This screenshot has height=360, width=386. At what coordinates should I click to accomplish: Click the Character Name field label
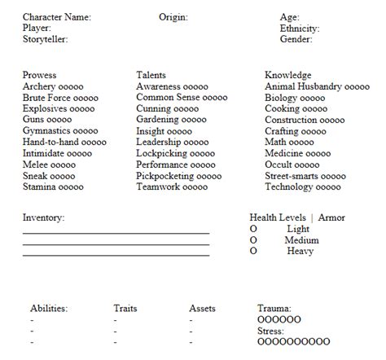56,17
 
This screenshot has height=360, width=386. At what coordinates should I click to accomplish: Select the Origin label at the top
173,17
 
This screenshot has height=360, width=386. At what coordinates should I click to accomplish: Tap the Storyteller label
45,39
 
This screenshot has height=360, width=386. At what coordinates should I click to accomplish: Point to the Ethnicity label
299,29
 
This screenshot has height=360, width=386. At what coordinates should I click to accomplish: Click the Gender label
296,39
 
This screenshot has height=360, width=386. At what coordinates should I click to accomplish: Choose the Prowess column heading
40,76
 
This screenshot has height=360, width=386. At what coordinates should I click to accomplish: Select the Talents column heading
152,76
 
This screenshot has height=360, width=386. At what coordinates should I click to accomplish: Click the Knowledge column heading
288,76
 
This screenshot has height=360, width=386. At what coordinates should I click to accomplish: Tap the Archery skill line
53,86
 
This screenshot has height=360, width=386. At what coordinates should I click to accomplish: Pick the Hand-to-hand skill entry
64,142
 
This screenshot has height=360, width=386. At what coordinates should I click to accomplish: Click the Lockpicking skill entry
175,153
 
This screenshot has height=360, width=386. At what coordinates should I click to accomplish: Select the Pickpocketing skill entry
178,175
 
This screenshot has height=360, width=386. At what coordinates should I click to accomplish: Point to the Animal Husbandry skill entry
317,86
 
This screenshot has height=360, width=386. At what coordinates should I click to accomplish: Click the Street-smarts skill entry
305,175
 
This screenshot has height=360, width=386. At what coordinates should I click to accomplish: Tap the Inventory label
43,217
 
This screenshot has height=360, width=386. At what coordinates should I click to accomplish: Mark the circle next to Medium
253,240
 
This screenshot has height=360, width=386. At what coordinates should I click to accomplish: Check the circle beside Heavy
253,252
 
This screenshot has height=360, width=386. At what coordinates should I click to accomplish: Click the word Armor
331,217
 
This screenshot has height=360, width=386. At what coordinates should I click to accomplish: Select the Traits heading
125,309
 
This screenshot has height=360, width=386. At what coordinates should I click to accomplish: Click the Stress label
271,331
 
